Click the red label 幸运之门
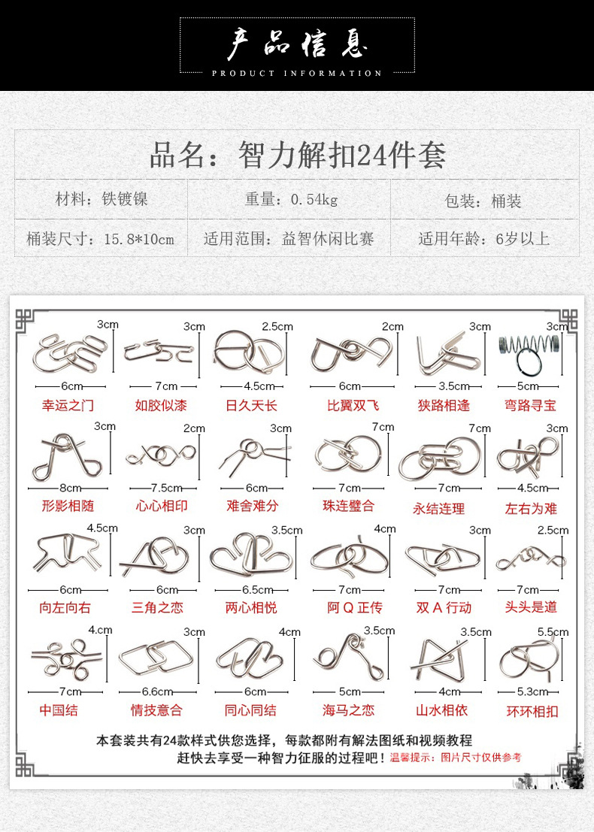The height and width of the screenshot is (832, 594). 68,405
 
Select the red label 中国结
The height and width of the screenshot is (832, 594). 59,710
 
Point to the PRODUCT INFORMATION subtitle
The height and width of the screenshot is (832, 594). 297,73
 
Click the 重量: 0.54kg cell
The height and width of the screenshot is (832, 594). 291,199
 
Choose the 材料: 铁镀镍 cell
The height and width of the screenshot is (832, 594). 102,199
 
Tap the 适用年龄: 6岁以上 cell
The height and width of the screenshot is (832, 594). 483,239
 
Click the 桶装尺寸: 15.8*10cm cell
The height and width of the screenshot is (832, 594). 100,239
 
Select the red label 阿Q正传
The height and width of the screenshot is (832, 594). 355,607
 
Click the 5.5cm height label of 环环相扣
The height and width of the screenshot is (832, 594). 553,632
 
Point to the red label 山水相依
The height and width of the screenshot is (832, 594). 441,710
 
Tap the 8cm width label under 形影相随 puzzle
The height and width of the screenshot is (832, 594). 70,489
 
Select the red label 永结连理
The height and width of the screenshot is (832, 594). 438,509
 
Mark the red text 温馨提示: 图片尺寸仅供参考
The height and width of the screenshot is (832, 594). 456,757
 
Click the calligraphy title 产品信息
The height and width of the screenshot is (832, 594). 297,44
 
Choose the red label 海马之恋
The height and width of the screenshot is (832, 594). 348,710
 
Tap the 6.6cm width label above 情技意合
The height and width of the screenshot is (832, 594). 157,692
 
